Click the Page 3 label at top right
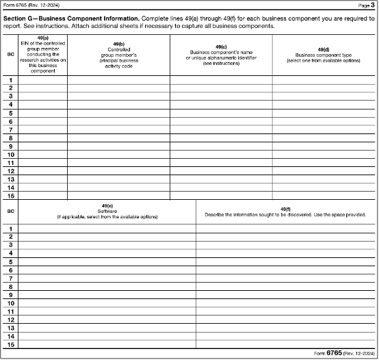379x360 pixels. click(366, 5)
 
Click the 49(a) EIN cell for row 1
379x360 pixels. click(43, 80)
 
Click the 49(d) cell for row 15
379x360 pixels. click(324, 195)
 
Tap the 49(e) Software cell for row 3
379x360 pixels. click(107, 244)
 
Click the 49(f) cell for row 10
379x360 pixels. click(286, 303)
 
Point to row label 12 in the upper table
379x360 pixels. click(11, 170)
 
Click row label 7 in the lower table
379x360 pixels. click(11, 278)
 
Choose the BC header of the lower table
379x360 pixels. click(11, 211)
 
